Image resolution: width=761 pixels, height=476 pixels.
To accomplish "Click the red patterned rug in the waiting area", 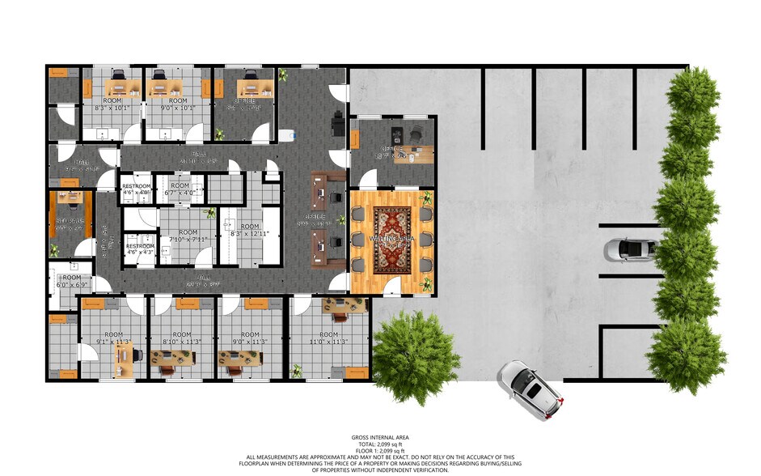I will (393, 239).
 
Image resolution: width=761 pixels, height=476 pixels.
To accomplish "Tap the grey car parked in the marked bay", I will (629, 250).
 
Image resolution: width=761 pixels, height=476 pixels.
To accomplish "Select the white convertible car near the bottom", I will (530, 390).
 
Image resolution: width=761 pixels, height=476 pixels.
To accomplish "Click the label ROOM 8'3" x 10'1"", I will (112, 104).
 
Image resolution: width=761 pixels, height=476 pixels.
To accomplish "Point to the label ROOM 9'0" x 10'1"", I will (179, 104).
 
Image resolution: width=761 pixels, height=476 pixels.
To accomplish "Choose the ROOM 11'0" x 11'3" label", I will (328, 338).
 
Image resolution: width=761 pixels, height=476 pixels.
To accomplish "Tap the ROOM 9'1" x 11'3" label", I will (113, 338).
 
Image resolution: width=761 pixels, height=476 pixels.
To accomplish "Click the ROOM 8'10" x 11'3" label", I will (182, 338).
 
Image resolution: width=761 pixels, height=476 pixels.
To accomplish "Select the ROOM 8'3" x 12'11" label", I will (249, 231).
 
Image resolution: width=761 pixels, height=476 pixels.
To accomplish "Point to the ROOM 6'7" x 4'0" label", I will (180, 189).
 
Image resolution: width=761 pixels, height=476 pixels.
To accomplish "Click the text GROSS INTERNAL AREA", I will (379, 438).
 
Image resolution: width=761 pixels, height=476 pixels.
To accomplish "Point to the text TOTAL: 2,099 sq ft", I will (379, 444).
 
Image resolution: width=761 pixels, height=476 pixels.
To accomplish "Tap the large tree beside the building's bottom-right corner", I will (416, 355).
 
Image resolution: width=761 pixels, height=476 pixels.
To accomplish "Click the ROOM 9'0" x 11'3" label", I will (250, 338).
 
